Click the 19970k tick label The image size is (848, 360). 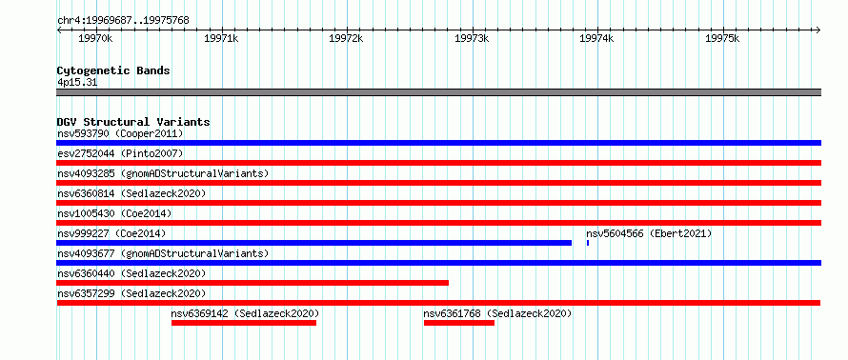click(x=95, y=38)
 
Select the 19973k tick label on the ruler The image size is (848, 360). click(x=472, y=38)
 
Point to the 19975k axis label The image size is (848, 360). click(x=722, y=38)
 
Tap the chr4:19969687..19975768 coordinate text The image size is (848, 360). click(x=123, y=21)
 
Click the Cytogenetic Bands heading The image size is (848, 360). click(x=113, y=70)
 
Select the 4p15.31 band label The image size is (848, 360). click(x=77, y=83)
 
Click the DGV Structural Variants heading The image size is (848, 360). click(x=133, y=122)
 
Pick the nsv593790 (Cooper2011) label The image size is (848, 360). click(x=120, y=133)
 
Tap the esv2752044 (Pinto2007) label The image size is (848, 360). click(x=120, y=153)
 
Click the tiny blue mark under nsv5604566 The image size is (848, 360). click(x=588, y=243)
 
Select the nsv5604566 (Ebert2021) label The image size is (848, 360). click(x=649, y=233)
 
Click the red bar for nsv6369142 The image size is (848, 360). click(x=244, y=323)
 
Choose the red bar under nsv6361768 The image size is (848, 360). click(x=459, y=323)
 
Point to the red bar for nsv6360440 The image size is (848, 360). click(x=252, y=283)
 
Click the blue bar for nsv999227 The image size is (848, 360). click(x=314, y=243)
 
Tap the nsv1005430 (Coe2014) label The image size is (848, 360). click(x=114, y=213)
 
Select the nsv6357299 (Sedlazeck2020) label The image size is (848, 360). click(x=131, y=293)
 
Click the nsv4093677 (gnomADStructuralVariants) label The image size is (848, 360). click(x=163, y=253)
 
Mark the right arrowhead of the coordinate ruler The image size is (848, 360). click(x=818, y=30)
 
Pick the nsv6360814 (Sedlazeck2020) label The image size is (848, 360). click(x=131, y=193)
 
